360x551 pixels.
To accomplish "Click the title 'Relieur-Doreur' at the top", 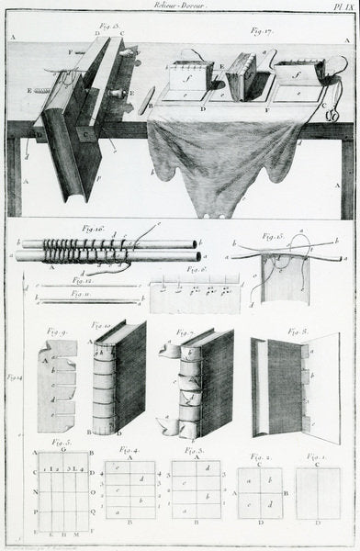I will coord(180,6).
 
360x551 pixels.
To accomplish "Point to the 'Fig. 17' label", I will coord(263,30).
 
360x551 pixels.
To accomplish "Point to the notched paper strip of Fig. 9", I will coord(57,386).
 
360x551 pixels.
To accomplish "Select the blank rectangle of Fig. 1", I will coord(318,493).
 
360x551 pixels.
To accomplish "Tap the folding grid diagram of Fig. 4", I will coord(129,489).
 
